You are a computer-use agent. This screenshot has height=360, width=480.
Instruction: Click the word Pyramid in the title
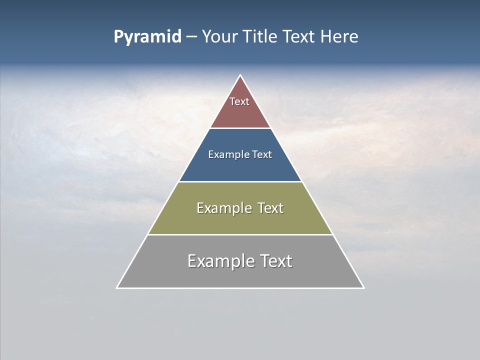tap(147, 37)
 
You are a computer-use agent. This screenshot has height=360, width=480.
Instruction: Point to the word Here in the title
tap(339, 37)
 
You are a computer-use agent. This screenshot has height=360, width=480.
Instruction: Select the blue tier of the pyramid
tap(240, 167)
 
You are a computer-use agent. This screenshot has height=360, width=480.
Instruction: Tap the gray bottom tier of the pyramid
tap(240, 275)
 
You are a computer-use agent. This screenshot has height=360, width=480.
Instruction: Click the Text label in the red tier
tap(239, 101)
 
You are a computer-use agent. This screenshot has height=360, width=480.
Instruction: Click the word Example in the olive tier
tap(223, 208)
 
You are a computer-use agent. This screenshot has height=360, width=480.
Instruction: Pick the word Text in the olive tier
tap(270, 208)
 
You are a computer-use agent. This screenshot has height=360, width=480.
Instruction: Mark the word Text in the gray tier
tap(275, 261)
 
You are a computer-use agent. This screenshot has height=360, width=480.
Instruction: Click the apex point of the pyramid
tap(240, 75)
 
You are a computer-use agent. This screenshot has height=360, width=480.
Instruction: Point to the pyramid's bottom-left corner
tap(117, 287)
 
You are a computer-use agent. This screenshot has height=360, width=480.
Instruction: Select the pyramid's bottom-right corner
tap(363, 287)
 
